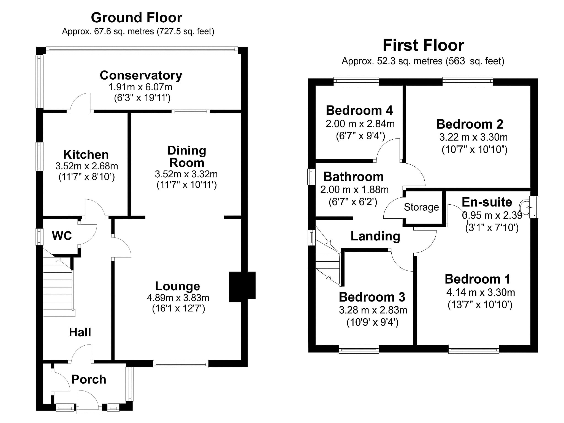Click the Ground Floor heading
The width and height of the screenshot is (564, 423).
coord(136,18)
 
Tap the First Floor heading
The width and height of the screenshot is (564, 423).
coord(423,45)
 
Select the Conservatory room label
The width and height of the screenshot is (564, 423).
coord(141,75)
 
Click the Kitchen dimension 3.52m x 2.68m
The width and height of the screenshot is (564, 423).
coord(86,166)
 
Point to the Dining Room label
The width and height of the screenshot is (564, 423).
coord(187,156)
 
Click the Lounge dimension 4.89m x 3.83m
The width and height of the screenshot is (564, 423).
coord(178,298)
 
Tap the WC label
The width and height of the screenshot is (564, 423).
coord(62,236)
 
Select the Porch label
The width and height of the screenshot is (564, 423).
coord(89,379)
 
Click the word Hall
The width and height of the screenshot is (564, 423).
coord(80,332)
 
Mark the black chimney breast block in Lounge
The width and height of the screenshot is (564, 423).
coord(242,287)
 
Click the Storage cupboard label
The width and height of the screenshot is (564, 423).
coord(421,207)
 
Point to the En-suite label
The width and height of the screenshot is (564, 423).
coord(487,202)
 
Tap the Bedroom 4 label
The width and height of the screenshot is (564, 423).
coord(359,110)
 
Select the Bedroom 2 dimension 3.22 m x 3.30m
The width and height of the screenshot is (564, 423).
coord(473,137)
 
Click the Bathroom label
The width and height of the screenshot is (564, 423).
coord(353,177)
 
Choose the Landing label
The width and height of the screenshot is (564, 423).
coord(375,236)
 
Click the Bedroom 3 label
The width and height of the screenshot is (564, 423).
coord(372,297)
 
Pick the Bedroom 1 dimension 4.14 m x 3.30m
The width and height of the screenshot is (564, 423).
coord(480,292)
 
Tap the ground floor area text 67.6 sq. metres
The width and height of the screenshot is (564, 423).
coord(124,31)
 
